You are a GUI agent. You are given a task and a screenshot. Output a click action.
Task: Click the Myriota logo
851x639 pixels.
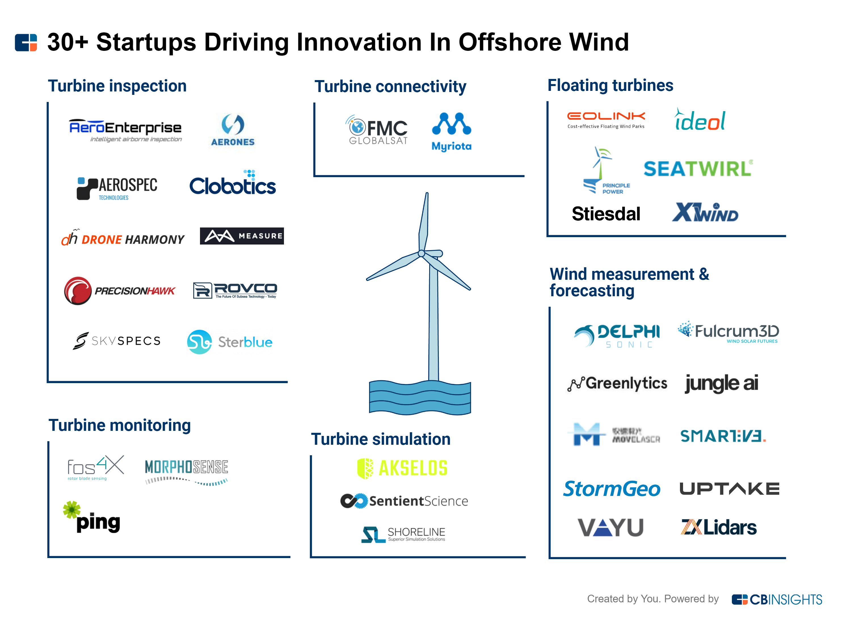click(x=451, y=132)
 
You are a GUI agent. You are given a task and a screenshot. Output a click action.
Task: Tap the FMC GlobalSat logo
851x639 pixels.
click(x=377, y=130)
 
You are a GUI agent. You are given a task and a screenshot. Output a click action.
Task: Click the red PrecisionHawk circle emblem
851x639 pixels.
click(x=78, y=291)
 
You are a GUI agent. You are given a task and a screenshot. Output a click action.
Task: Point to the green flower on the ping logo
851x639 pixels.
click(x=71, y=509)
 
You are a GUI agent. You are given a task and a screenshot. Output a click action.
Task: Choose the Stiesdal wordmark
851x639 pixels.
click(x=606, y=214)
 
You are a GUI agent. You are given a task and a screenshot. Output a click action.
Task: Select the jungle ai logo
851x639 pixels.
click(x=721, y=383)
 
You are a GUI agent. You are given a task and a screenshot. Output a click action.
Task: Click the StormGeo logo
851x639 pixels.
click(x=611, y=489)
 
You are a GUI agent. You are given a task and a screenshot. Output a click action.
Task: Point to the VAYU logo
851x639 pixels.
click(x=610, y=527)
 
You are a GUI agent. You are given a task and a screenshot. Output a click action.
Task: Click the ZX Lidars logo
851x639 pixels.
click(x=718, y=527)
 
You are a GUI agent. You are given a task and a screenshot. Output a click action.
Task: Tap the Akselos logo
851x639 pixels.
click(x=402, y=468)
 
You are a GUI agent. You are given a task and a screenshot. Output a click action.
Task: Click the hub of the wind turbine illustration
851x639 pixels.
click(x=422, y=253)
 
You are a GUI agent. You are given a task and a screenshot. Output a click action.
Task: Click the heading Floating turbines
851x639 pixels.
click(x=610, y=85)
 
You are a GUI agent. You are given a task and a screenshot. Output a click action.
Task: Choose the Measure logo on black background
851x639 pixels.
click(x=242, y=236)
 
